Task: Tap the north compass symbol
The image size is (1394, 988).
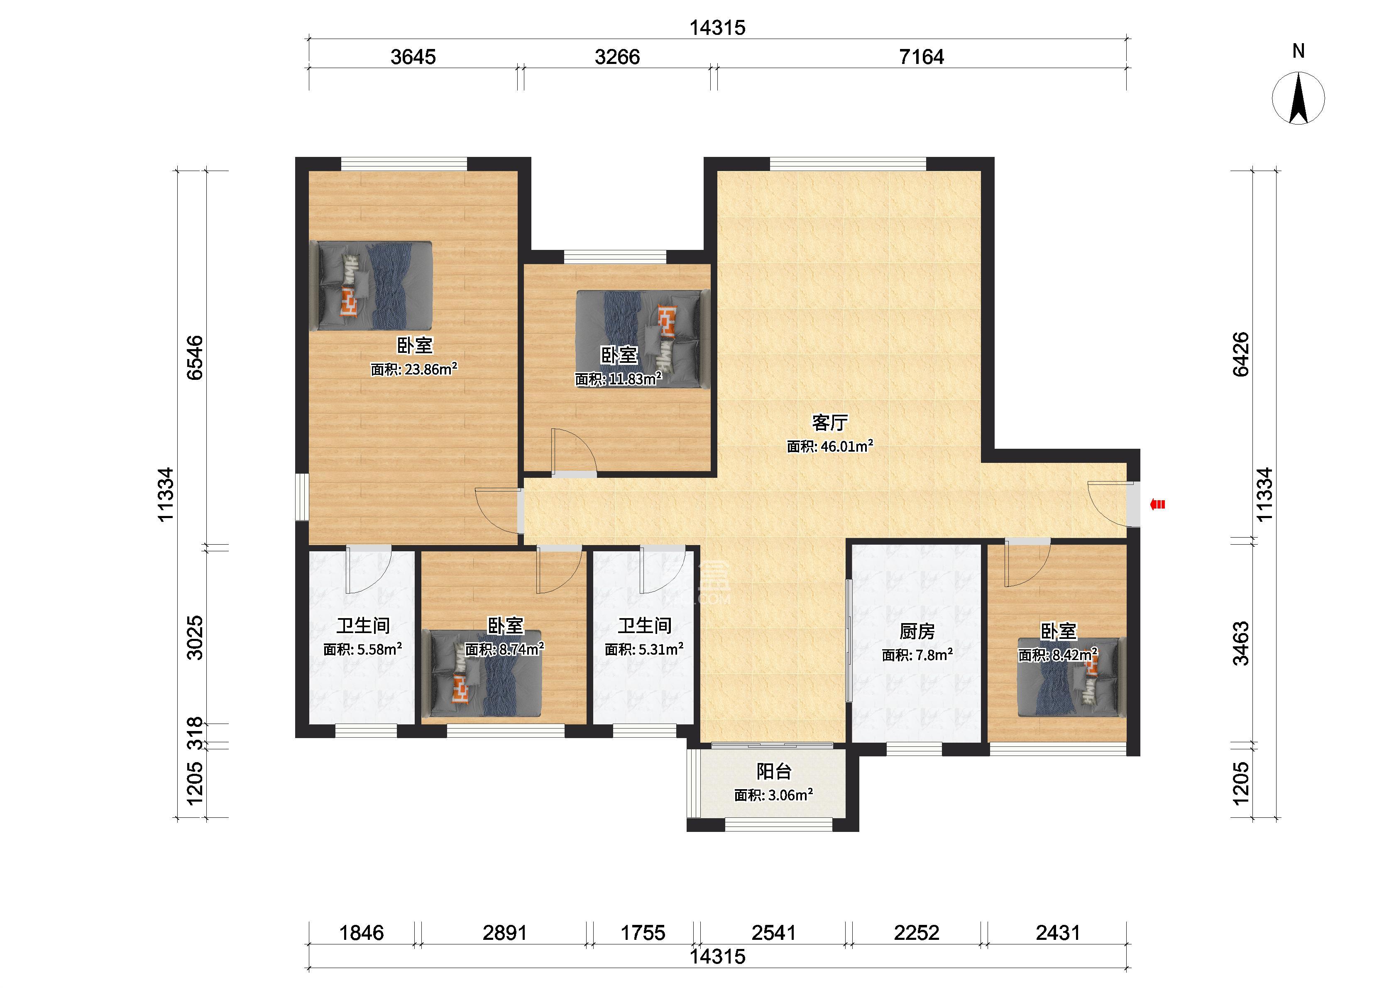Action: click(x=1298, y=98)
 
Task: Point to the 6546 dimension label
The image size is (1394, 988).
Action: click(x=195, y=358)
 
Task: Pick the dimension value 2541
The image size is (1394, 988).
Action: click(x=773, y=933)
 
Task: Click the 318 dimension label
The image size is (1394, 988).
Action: click(x=195, y=734)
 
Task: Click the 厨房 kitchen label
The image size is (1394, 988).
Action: click(x=917, y=631)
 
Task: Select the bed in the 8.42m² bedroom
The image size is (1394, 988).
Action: click(x=1071, y=677)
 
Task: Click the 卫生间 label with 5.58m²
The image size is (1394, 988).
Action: click(x=363, y=626)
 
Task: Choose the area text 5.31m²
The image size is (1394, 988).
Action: click(x=660, y=649)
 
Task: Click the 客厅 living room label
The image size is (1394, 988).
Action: click(x=829, y=422)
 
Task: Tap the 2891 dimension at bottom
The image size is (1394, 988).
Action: click(x=504, y=933)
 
